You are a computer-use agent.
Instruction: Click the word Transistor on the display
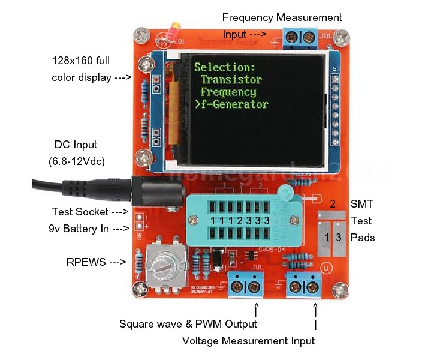[x=231, y=79]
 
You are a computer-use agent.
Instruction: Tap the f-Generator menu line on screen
[x=231, y=104]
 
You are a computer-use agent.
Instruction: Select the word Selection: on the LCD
[x=225, y=67]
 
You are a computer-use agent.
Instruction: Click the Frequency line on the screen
[x=228, y=92]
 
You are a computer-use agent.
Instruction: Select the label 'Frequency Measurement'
[x=282, y=17]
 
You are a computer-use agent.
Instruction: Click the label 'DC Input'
[x=76, y=145]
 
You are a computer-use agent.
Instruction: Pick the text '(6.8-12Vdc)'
[x=76, y=162]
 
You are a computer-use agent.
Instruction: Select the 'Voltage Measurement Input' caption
[x=248, y=341]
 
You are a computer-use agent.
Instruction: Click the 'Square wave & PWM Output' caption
[x=188, y=324]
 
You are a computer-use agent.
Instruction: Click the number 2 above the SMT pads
[x=333, y=203]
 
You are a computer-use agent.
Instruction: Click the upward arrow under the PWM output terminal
[x=257, y=310]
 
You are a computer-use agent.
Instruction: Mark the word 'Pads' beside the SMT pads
[x=363, y=238]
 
